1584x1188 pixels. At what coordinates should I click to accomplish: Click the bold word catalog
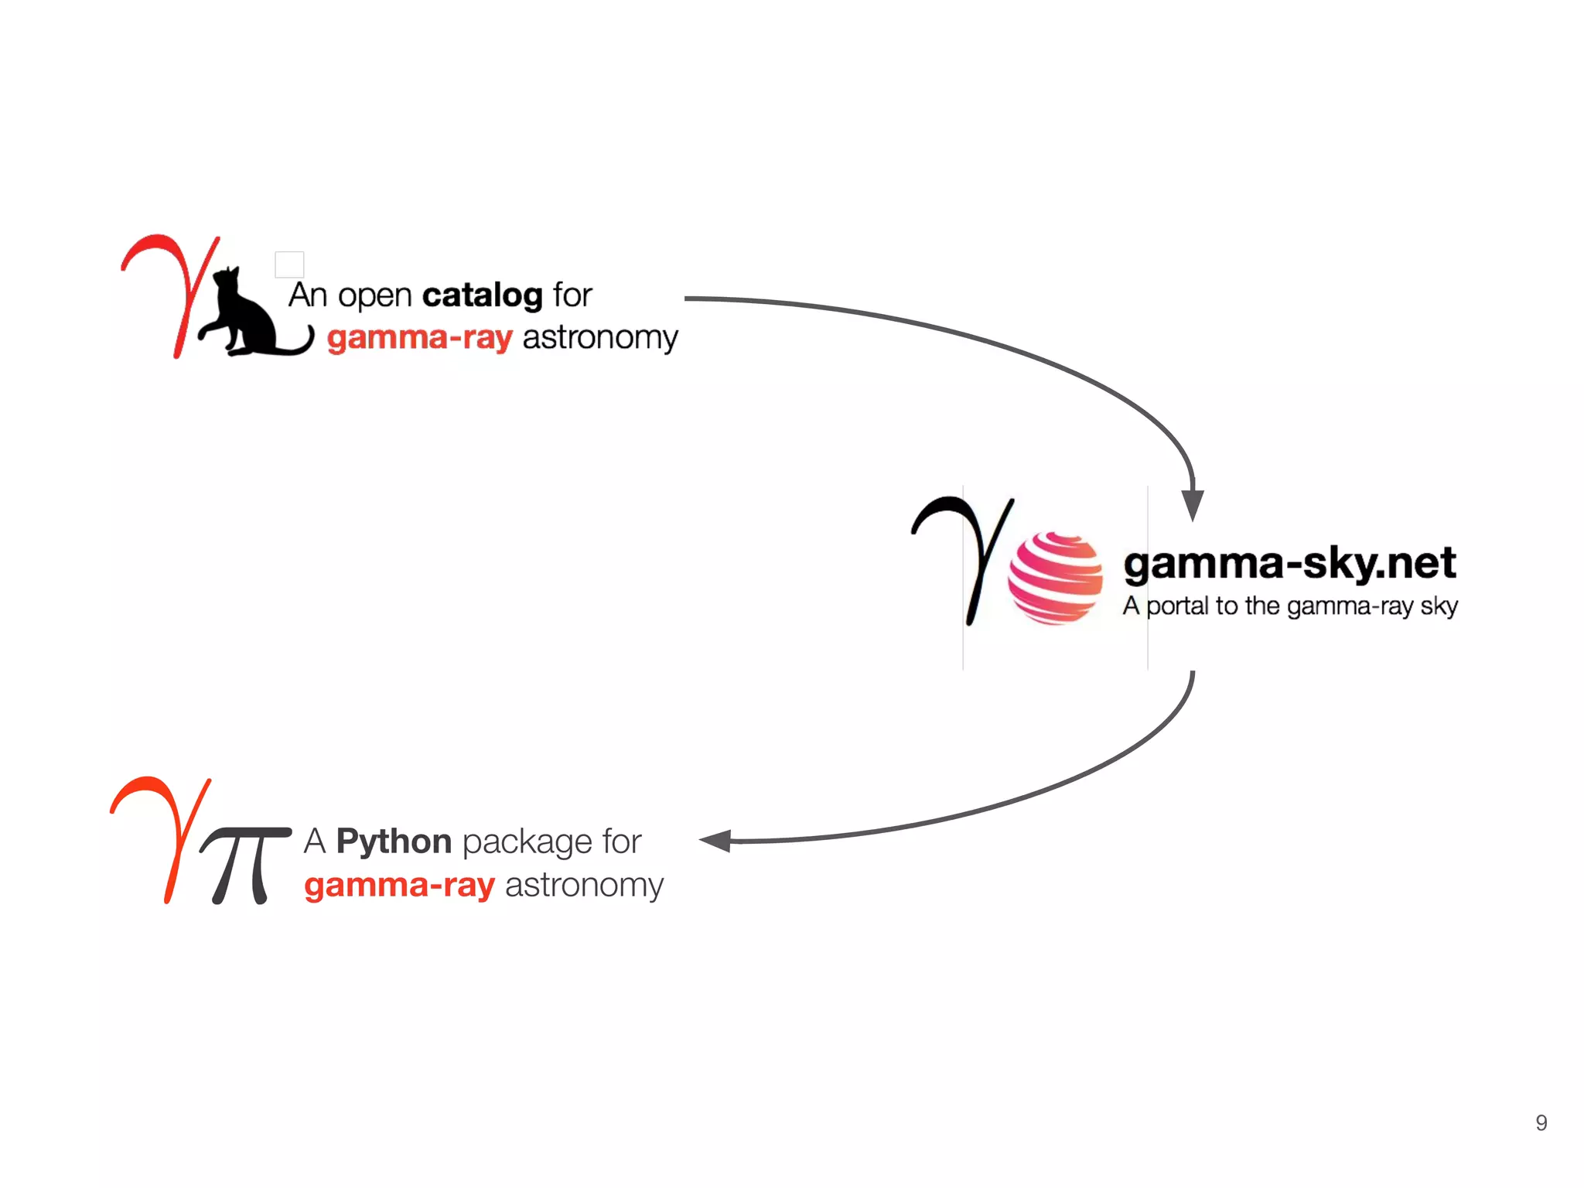click(x=482, y=295)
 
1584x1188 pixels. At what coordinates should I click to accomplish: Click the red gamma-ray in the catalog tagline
click(x=419, y=338)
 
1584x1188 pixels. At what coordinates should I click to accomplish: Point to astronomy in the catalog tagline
click(x=600, y=338)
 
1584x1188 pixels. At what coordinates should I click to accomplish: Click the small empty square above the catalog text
click(x=289, y=265)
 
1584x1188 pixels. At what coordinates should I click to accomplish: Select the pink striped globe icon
click(x=1055, y=578)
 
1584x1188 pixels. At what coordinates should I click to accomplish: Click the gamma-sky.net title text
click(x=1289, y=563)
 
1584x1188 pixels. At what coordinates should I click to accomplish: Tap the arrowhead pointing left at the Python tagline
click(x=716, y=841)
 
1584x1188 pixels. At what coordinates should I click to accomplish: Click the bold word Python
click(x=394, y=841)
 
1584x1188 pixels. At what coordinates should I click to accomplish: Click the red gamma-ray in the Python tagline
click(x=399, y=885)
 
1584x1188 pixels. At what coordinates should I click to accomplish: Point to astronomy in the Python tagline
click(x=584, y=885)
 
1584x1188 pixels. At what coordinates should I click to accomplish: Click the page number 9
click(x=1541, y=1122)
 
